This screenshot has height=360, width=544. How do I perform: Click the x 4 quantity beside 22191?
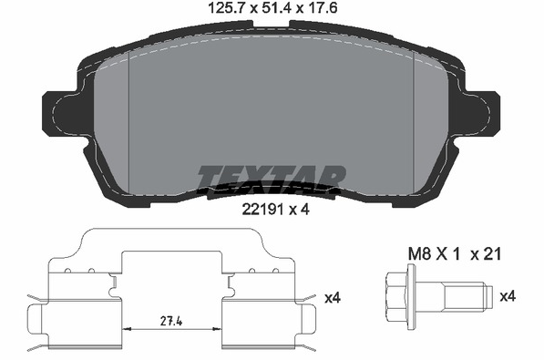(x=299, y=210)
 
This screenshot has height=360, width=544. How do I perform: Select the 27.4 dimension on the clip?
(x=171, y=321)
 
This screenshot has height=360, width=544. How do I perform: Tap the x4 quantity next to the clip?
(x=333, y=297)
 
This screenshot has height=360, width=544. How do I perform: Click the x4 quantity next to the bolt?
(x=508, y=296)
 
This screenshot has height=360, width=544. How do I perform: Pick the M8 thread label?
(x=419, y=254)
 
